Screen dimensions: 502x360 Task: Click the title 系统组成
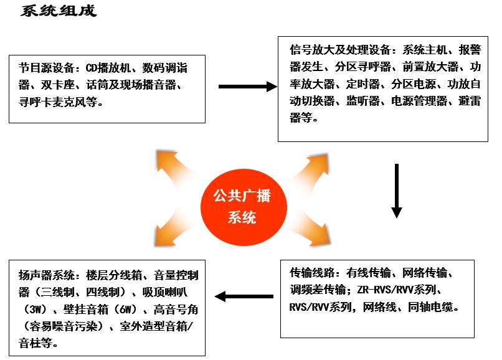tap(59, 11)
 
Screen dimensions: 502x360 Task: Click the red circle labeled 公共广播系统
tap(244, 207)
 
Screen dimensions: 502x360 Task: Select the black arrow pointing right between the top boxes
tap(248, 87)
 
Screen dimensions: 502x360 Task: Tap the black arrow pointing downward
tap(397, 191)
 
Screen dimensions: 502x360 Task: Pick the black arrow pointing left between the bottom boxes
tap(244, 296)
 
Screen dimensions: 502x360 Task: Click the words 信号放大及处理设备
tap(340, 50)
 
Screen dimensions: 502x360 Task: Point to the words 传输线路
tap(312, 273)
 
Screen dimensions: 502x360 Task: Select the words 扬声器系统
tap(47, 275)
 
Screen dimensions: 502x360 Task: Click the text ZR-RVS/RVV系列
tap(397, 290)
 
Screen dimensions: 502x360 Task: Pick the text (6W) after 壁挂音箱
tap(126, 310)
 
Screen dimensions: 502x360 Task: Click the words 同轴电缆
tap(430, 307)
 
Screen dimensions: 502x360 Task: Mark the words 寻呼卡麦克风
tap(58, 102)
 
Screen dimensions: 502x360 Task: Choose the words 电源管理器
tap(419, 101)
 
